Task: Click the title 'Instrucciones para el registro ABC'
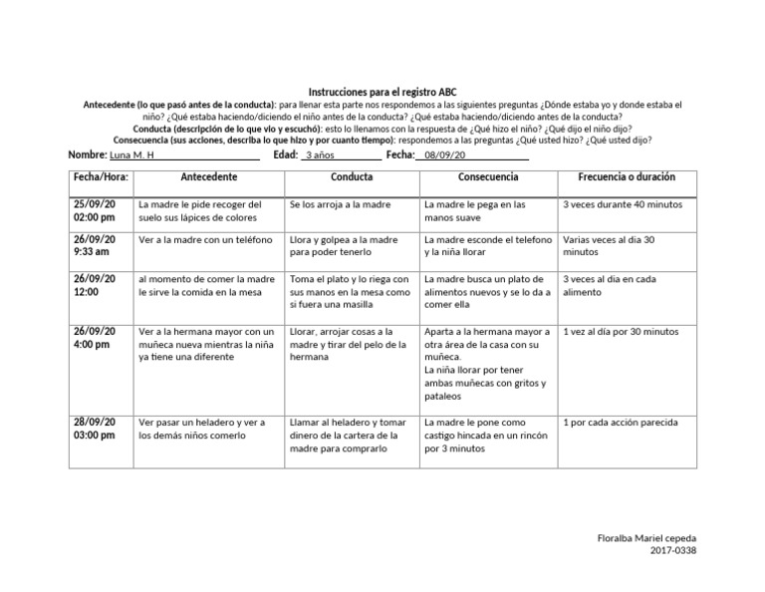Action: [382, 91]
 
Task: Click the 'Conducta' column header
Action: [351, 177]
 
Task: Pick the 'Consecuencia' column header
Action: [487, 177]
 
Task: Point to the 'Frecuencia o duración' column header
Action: [626, 177]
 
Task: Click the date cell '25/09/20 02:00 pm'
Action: [95, 210]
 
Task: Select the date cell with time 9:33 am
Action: [95, 246]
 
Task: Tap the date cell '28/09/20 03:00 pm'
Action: [95, 429]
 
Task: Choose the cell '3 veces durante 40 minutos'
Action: [623, 204]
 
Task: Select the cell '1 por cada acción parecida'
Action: [621, 423]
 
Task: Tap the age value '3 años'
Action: [321, 155]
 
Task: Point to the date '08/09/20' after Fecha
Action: [444, 155]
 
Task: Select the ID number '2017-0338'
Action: [668, 551]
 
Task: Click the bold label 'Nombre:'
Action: [87, 155]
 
